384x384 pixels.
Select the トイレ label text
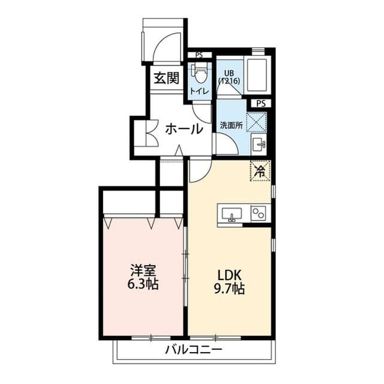pos(199,91)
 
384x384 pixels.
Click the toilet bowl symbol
pos(199,74)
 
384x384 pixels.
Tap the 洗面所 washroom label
pos(230,126)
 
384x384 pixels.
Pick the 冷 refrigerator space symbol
pos(260,171)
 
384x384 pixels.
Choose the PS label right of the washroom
pos(260,103)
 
